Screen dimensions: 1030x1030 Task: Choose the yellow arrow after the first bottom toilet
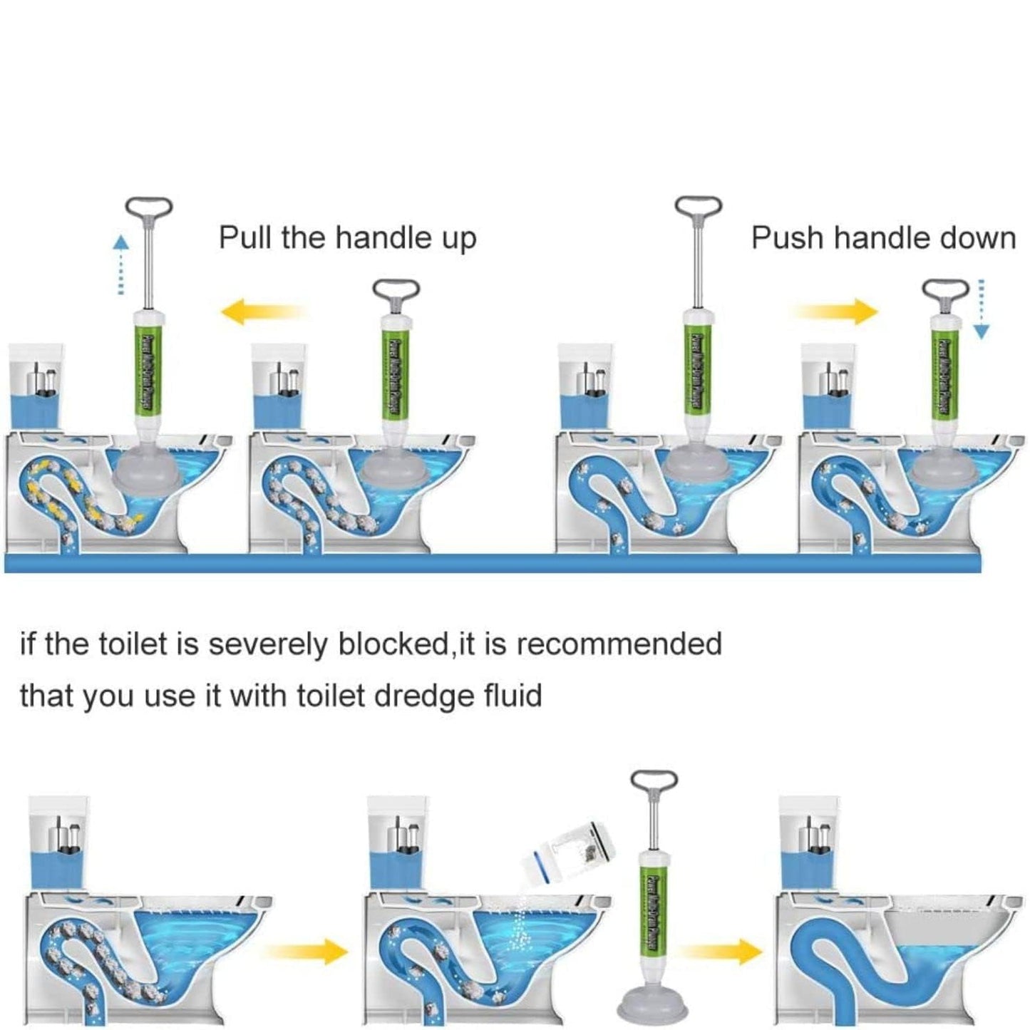[306, 950]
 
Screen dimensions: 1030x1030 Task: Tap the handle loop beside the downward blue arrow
[947, 292]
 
